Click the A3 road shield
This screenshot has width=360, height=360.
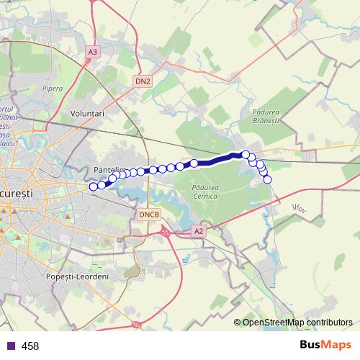tap(91, 52)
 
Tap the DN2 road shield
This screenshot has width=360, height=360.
tap(143, 81)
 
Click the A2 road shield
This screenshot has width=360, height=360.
tap(199, 231)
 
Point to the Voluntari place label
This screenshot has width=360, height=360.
tap(89, 114)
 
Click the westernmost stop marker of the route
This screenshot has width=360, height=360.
tap(93, 187)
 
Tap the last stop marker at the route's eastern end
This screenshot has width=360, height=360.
tap(268, 179)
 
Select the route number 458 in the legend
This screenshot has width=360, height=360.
tap(30, 346)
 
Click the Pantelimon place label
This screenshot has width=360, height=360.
tap(108, 170)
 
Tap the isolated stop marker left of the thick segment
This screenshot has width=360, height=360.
tap(194, 163)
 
